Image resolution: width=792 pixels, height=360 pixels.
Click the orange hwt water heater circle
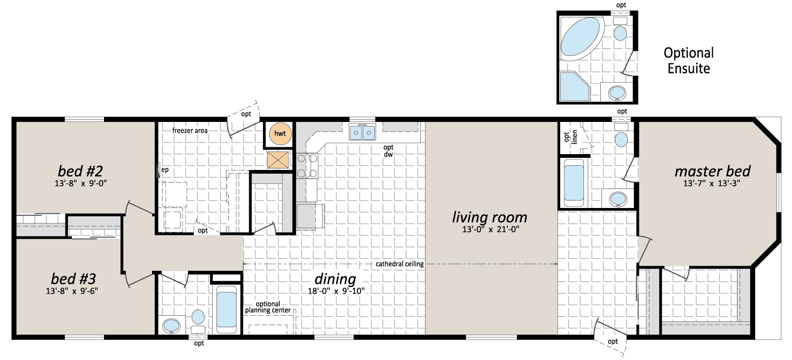280,134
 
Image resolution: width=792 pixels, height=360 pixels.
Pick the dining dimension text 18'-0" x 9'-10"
336,291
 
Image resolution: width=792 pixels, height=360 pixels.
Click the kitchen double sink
362,132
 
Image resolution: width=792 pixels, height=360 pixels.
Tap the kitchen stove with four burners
307,166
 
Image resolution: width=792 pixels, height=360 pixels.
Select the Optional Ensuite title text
689,61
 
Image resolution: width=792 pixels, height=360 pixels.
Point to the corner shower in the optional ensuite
574,86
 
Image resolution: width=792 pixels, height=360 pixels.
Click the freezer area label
190,130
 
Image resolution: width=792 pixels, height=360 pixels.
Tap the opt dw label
388,150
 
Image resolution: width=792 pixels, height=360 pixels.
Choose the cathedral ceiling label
400,264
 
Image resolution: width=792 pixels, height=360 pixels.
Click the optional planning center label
268,307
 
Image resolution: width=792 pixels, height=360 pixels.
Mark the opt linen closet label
570,137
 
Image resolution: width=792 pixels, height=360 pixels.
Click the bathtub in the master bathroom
573,183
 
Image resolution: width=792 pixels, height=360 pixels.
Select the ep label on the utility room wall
165,170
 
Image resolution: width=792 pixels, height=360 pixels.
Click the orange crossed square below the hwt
278,160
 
